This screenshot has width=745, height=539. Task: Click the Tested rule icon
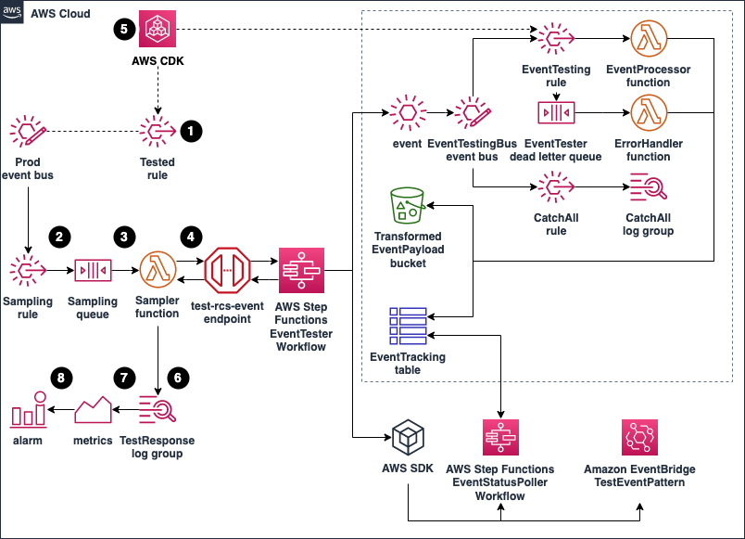coord(157,131)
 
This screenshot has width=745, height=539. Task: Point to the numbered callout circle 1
coord(191,131)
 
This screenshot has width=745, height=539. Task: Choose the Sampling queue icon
coord(92,272)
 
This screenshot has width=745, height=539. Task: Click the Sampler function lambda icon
coord(157,272)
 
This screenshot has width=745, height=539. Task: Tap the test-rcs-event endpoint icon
coord(229,271)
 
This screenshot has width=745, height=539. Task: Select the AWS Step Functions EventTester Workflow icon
coord(301,271)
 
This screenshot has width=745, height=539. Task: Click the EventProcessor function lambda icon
coord(648,39)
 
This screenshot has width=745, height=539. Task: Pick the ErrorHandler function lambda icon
coord(648,113)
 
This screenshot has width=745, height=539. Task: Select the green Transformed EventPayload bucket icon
coord(408,206)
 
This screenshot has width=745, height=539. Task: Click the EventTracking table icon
coord(408,326)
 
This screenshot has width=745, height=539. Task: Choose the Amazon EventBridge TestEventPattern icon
coord(639,438)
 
